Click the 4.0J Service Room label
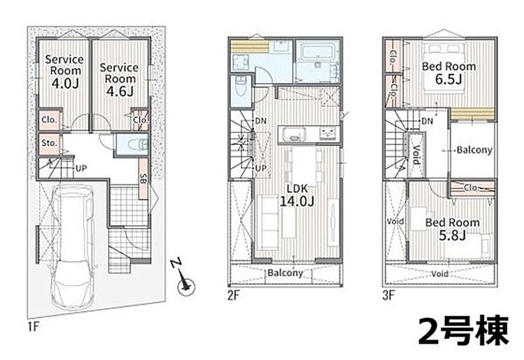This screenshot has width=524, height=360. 65,71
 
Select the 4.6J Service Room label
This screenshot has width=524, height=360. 119,79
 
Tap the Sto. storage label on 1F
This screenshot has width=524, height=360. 49,143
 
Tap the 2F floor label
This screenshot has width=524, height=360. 234,295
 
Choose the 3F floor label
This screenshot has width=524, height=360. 389,295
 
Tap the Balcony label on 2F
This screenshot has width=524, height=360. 285,273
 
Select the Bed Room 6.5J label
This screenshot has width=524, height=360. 449,73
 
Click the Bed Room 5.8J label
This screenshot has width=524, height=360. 452,229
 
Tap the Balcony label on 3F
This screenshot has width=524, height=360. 474,150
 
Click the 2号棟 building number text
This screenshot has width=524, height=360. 463,330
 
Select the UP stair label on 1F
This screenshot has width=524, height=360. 81,168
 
